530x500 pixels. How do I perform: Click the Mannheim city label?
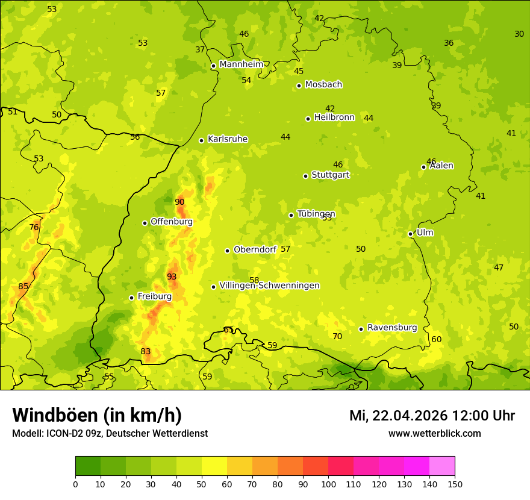(x=241, y=64)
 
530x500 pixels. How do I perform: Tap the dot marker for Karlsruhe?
(x=201, y=140)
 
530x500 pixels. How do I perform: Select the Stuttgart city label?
(x=330, y=175)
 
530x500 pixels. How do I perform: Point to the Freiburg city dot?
(x=131, y=298)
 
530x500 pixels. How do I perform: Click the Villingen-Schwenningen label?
(x=269, y=286)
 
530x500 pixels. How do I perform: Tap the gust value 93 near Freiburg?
(x=172, y=277)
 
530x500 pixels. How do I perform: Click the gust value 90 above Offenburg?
(x=179, y=202)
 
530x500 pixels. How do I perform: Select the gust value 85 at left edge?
(x=23, y=286)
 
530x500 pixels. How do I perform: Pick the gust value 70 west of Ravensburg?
(x=337, y=336)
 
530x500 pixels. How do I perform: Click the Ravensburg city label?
(x=392, y=328)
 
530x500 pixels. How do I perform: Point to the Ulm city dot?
(x=410, y=234)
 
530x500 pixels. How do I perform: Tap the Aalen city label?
(x=441, y=166)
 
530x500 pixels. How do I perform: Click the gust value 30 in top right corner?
(x=519, y=34)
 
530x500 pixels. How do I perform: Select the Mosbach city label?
(x=323, y=85)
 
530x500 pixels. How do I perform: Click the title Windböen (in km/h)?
(x=97, y=415)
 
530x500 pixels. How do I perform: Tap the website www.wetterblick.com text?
(x=435, y=433)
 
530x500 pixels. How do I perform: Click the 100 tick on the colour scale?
(x=328, y=484)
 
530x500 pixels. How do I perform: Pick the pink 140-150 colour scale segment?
(x=442, y=466)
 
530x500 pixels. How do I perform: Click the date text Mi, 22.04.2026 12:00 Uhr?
(x=432, y=416)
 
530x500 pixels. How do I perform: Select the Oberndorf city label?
(x=255, y=249)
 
